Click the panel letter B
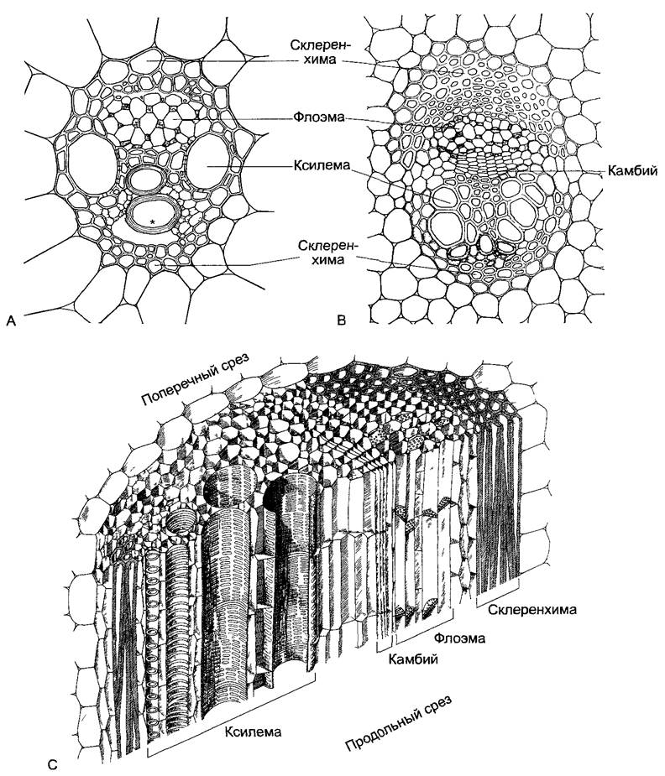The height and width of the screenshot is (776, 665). (x=341, y=320)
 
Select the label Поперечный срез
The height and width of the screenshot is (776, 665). (x=197, y=379)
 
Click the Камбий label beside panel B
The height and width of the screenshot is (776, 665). (x=632, y=171)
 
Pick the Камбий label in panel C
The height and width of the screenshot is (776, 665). (x=413, y=659)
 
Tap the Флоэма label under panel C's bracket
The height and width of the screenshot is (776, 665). (x=459, y=638)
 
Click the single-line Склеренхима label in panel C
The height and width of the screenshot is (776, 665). (x=532, y=610)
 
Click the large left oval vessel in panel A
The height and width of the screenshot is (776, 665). (x=92, y=166)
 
